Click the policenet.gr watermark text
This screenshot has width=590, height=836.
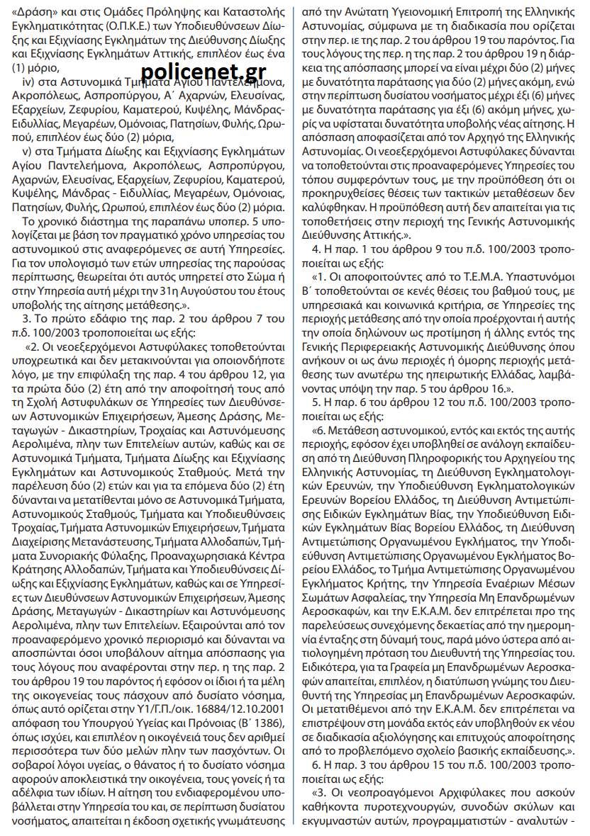(203, 71)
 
